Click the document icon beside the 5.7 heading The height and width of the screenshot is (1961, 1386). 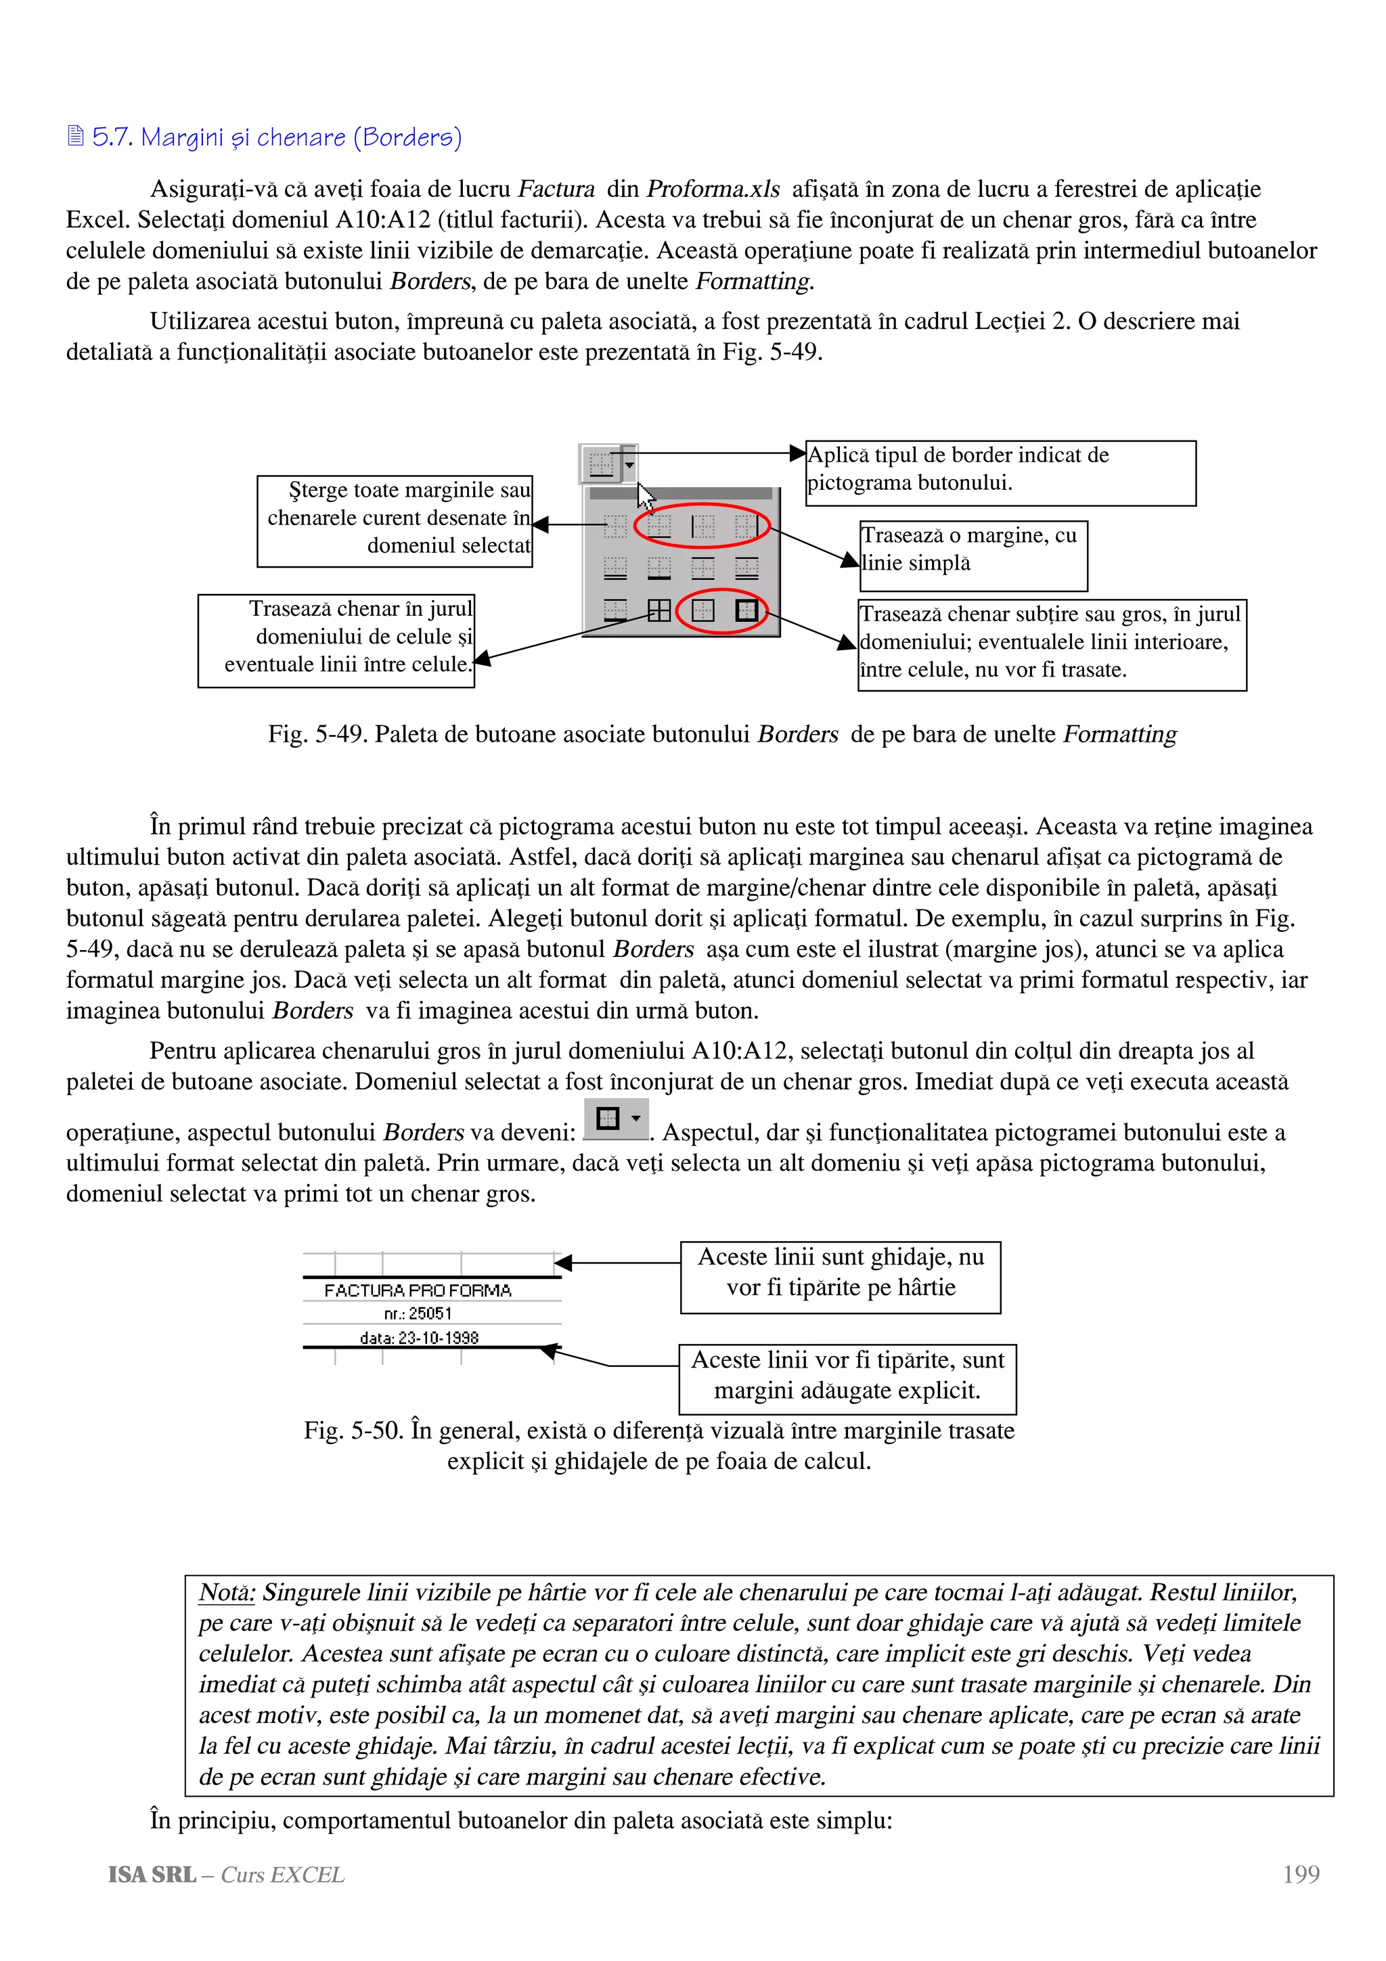[76, 136]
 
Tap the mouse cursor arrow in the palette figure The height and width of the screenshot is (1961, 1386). [646, 496]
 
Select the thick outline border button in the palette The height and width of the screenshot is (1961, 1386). [746, 610]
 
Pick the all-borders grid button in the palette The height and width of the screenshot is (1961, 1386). [659, 610]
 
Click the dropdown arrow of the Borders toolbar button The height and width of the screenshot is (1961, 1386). [629, 466]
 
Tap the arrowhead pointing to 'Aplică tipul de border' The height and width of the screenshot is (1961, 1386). [798, 453]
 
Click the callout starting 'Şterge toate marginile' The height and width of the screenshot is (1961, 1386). [395, 521]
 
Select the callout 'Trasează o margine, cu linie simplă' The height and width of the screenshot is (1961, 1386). [974, 555]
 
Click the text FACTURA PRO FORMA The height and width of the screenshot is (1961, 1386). [418, 1290]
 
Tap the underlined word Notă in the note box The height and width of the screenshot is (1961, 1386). [226, 1592]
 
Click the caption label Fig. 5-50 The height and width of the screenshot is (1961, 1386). [353, 1430]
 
